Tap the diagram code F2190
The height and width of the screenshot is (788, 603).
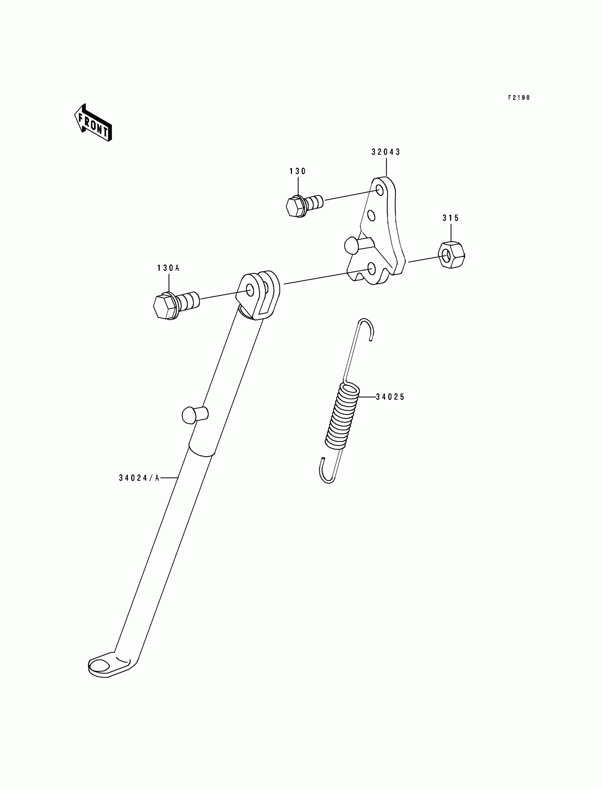(x=519, y=97)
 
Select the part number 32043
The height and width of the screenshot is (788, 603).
(x=386, y=152)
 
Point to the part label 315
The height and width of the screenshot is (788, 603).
(x=450, y=218)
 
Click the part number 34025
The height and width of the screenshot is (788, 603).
(x=390, y=397)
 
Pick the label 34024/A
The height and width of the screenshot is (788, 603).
(x=139, y=478)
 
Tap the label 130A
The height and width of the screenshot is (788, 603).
(x=168, y=268)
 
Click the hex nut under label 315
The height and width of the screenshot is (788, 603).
(x=451, y=255)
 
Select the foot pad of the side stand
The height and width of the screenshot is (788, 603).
(x=104, y=667)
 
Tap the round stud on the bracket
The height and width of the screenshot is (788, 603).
(x=352, y=245)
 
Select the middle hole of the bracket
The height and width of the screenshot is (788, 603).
(x=371, y=216)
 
